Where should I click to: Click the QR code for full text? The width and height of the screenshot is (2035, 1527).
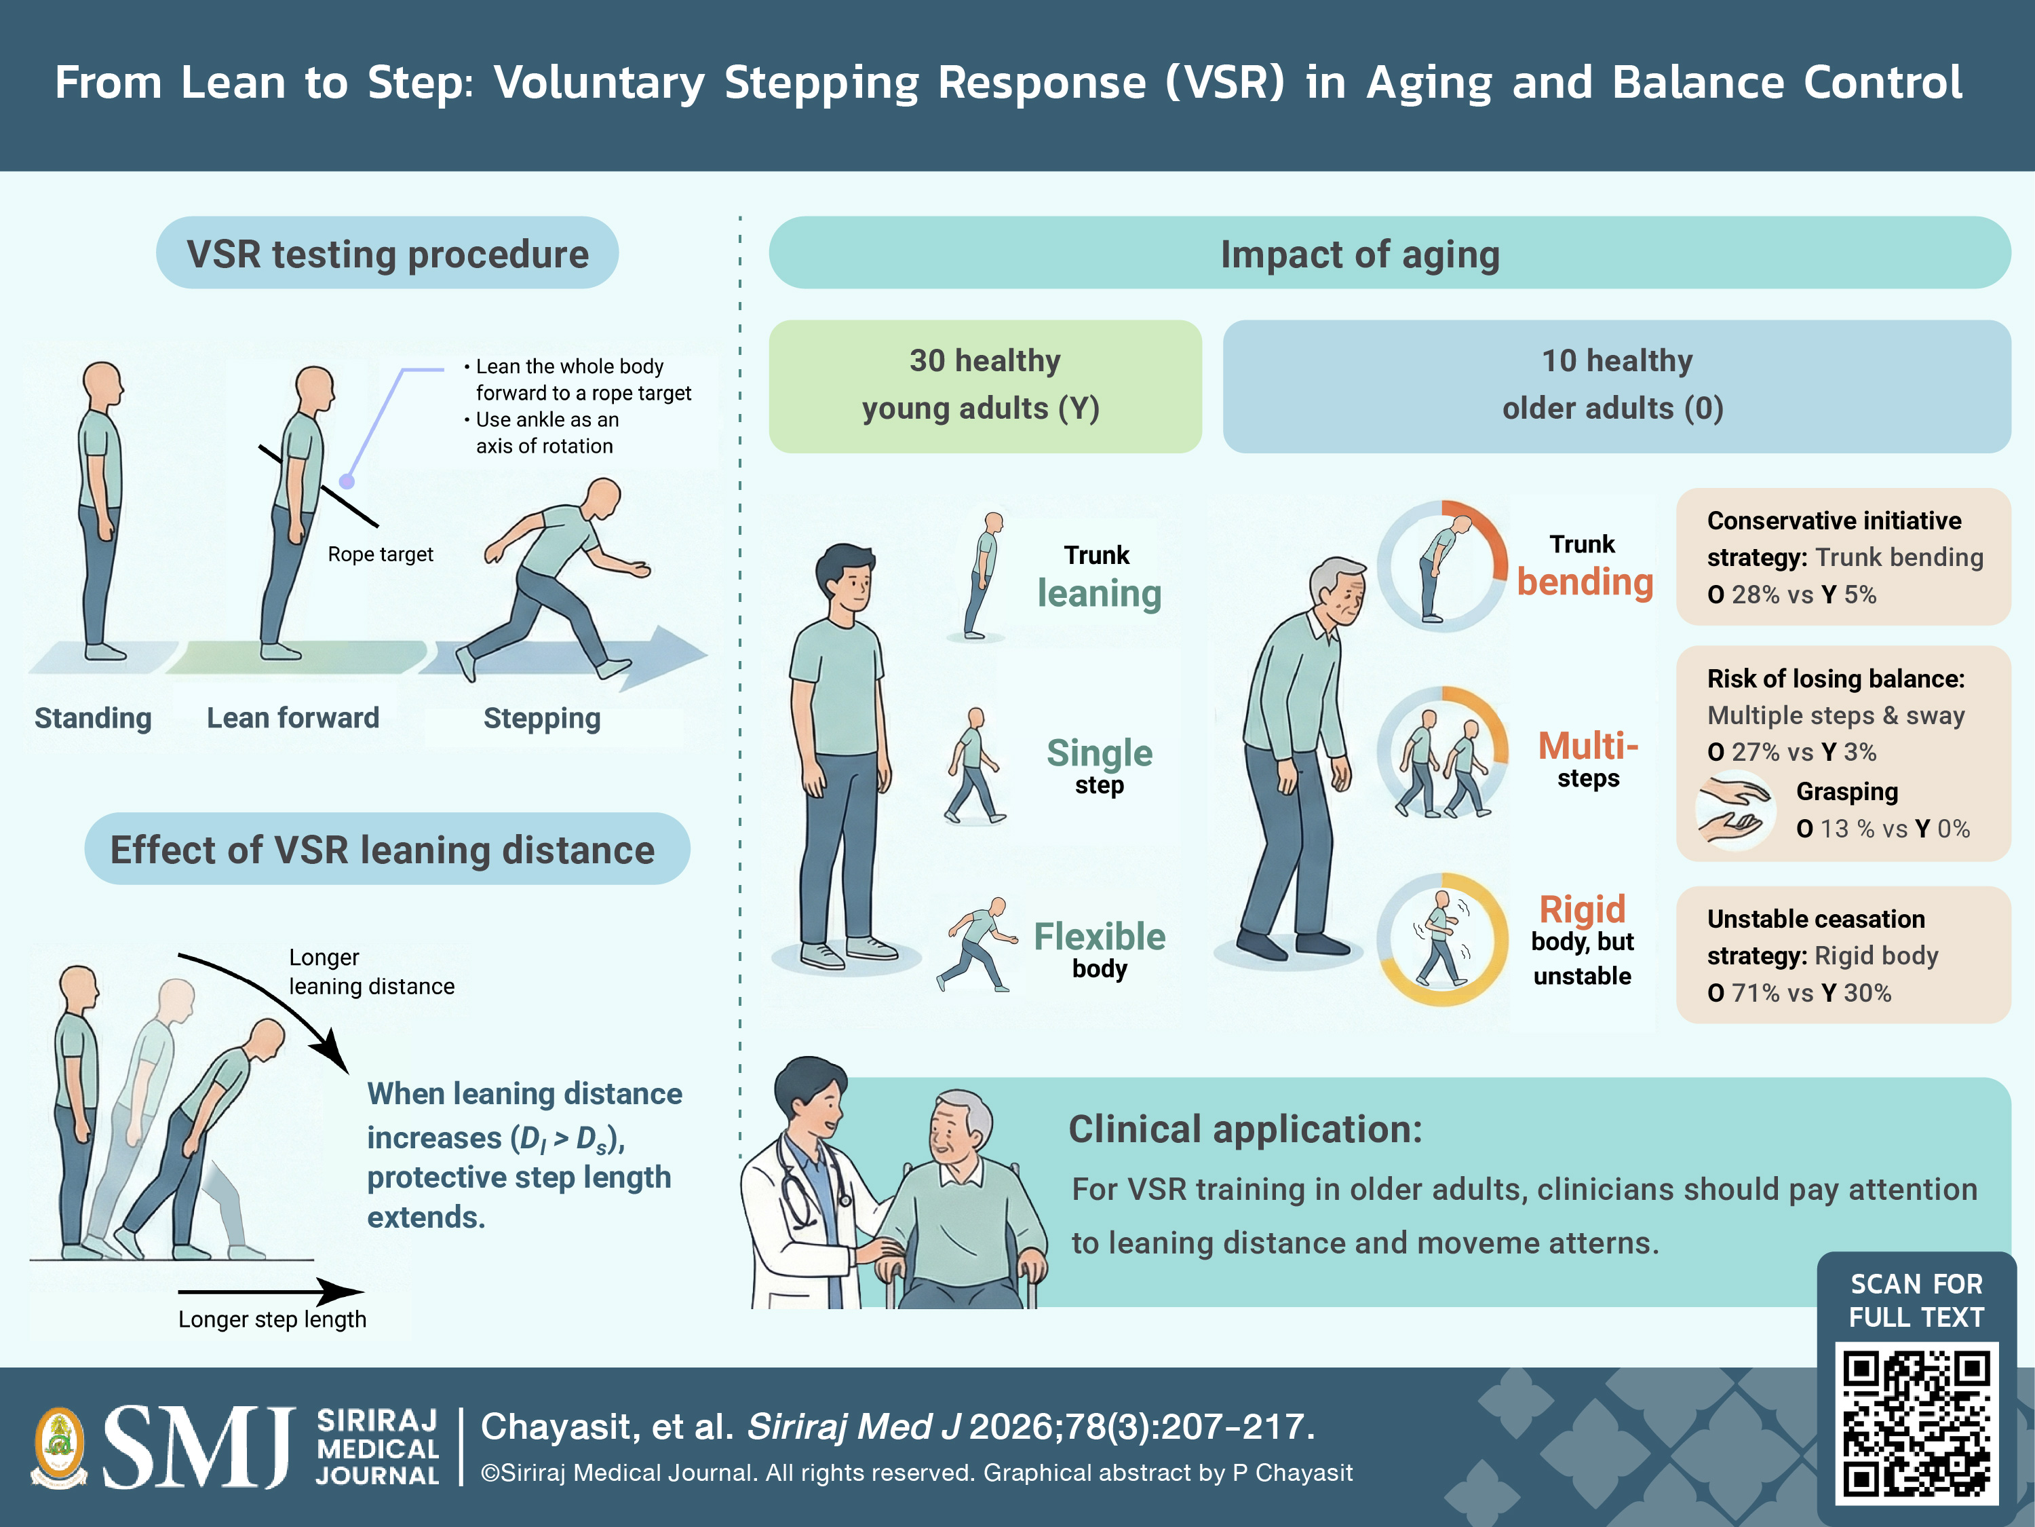(x=1916, y=1422)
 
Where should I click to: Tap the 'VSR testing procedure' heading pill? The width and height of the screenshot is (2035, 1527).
(x=387, y=253)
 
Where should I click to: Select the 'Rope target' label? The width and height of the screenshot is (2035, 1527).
(x=380, y=554)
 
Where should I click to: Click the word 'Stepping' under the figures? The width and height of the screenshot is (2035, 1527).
(x=542, y=718)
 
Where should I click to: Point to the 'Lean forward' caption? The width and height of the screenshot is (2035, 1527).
(x=292, y=717)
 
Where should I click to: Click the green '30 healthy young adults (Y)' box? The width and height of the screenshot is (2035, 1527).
(x=986, y=385)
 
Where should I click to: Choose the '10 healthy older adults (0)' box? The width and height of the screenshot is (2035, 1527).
(x=1616, y=385)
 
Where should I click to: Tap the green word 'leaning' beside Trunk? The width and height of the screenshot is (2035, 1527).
(x=1100, y=595)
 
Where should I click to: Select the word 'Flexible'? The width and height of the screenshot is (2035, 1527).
(x=1100, y=936)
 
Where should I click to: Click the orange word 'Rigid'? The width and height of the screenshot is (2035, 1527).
(x=1583, y=909)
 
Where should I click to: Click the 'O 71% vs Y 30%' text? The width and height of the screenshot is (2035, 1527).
(x=1798, y=993)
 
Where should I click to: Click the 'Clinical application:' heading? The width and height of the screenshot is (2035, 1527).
(x=1245, y=1129)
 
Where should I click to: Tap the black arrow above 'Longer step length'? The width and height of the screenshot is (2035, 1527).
(x=271, y=1292)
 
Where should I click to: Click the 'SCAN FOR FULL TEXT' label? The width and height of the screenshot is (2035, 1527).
(x=1916, y=1300)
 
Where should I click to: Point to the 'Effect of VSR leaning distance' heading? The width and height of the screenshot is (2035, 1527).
(x=383, y=850)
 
